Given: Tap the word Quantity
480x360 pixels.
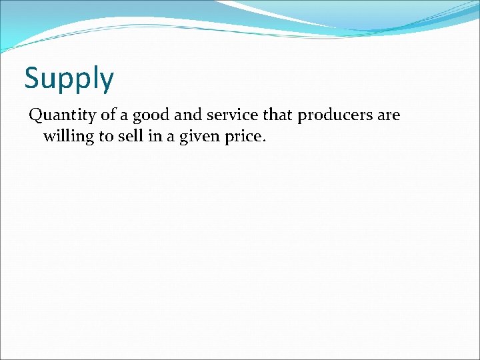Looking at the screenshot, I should [x=61, y=115].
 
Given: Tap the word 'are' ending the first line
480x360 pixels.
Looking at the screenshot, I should [x=389, y=115].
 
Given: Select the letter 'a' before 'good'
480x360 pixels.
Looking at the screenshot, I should [x=127, y=116].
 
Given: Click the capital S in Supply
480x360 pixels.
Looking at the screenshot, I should [x=33, y=78].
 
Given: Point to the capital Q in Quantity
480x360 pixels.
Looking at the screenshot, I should [x=35, y=115].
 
